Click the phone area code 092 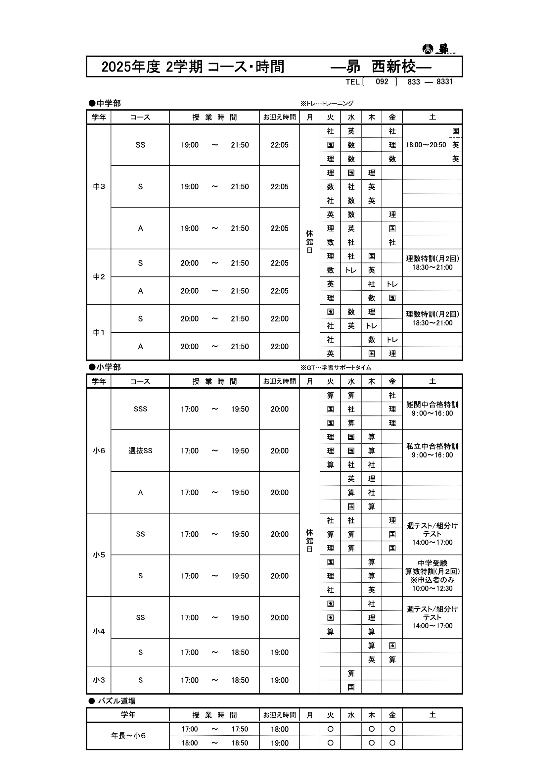click(382, 82)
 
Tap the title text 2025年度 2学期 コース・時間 click(193, 67)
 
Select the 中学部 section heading click(105, 103)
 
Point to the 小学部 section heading click(105, 367)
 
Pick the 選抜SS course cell click(140, 451)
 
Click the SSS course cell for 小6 click(140, 409)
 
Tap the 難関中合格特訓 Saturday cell click(432, 409)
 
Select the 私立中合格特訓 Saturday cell click(432, 450)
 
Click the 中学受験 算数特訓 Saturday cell click(432, 575)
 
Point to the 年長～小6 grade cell click(128, 736)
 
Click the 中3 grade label click(99, 186)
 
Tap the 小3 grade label click(99, 680)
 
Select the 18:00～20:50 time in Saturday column click(426, 145)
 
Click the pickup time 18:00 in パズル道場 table click(279, 729)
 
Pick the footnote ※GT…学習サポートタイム click(336, 367)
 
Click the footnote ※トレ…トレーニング click(327, 104)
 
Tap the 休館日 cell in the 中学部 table click(309, 242)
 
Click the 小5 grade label click(99, 555)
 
